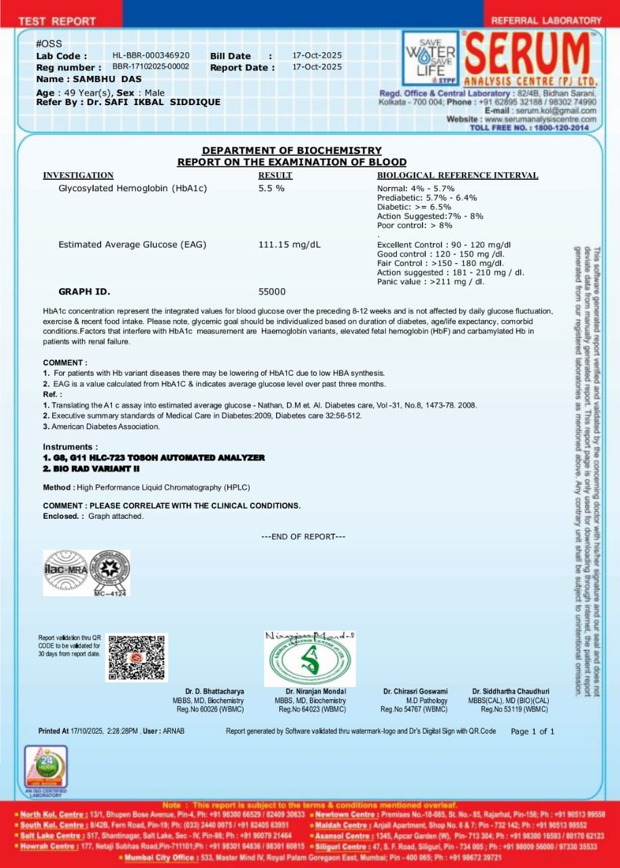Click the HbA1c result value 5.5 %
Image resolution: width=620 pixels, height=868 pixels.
pyautogui.click(x=271, y=188)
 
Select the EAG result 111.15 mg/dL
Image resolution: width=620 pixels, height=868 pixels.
pyautogui.click(x=290, y=244)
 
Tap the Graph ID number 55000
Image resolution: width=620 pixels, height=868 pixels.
pyautogui.click(x=272, y=292)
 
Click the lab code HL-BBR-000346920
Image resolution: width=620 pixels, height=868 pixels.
pyautogui.click(x=151, y=56)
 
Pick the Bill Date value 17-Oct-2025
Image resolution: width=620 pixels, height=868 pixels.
pyautogui.click(x=317, y=56)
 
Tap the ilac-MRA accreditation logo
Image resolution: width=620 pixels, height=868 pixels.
pyautogui.click(x=66, y=570)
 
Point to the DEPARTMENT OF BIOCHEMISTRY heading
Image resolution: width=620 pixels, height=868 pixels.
pyautogui.click(x=292, y=151)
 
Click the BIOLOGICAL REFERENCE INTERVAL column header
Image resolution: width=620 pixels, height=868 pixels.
pyautogui.click(x=457, y=175)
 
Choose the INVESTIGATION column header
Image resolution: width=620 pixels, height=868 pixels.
pyautogui.click(x=78, y=175)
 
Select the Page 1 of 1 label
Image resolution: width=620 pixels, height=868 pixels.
pyautogui.click(x=532, y=731)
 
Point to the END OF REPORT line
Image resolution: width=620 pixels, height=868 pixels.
pyautogui.click(x=303, y=536)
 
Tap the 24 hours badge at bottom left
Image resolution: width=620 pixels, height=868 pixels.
pyautogui.click(x=46, y=767)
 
